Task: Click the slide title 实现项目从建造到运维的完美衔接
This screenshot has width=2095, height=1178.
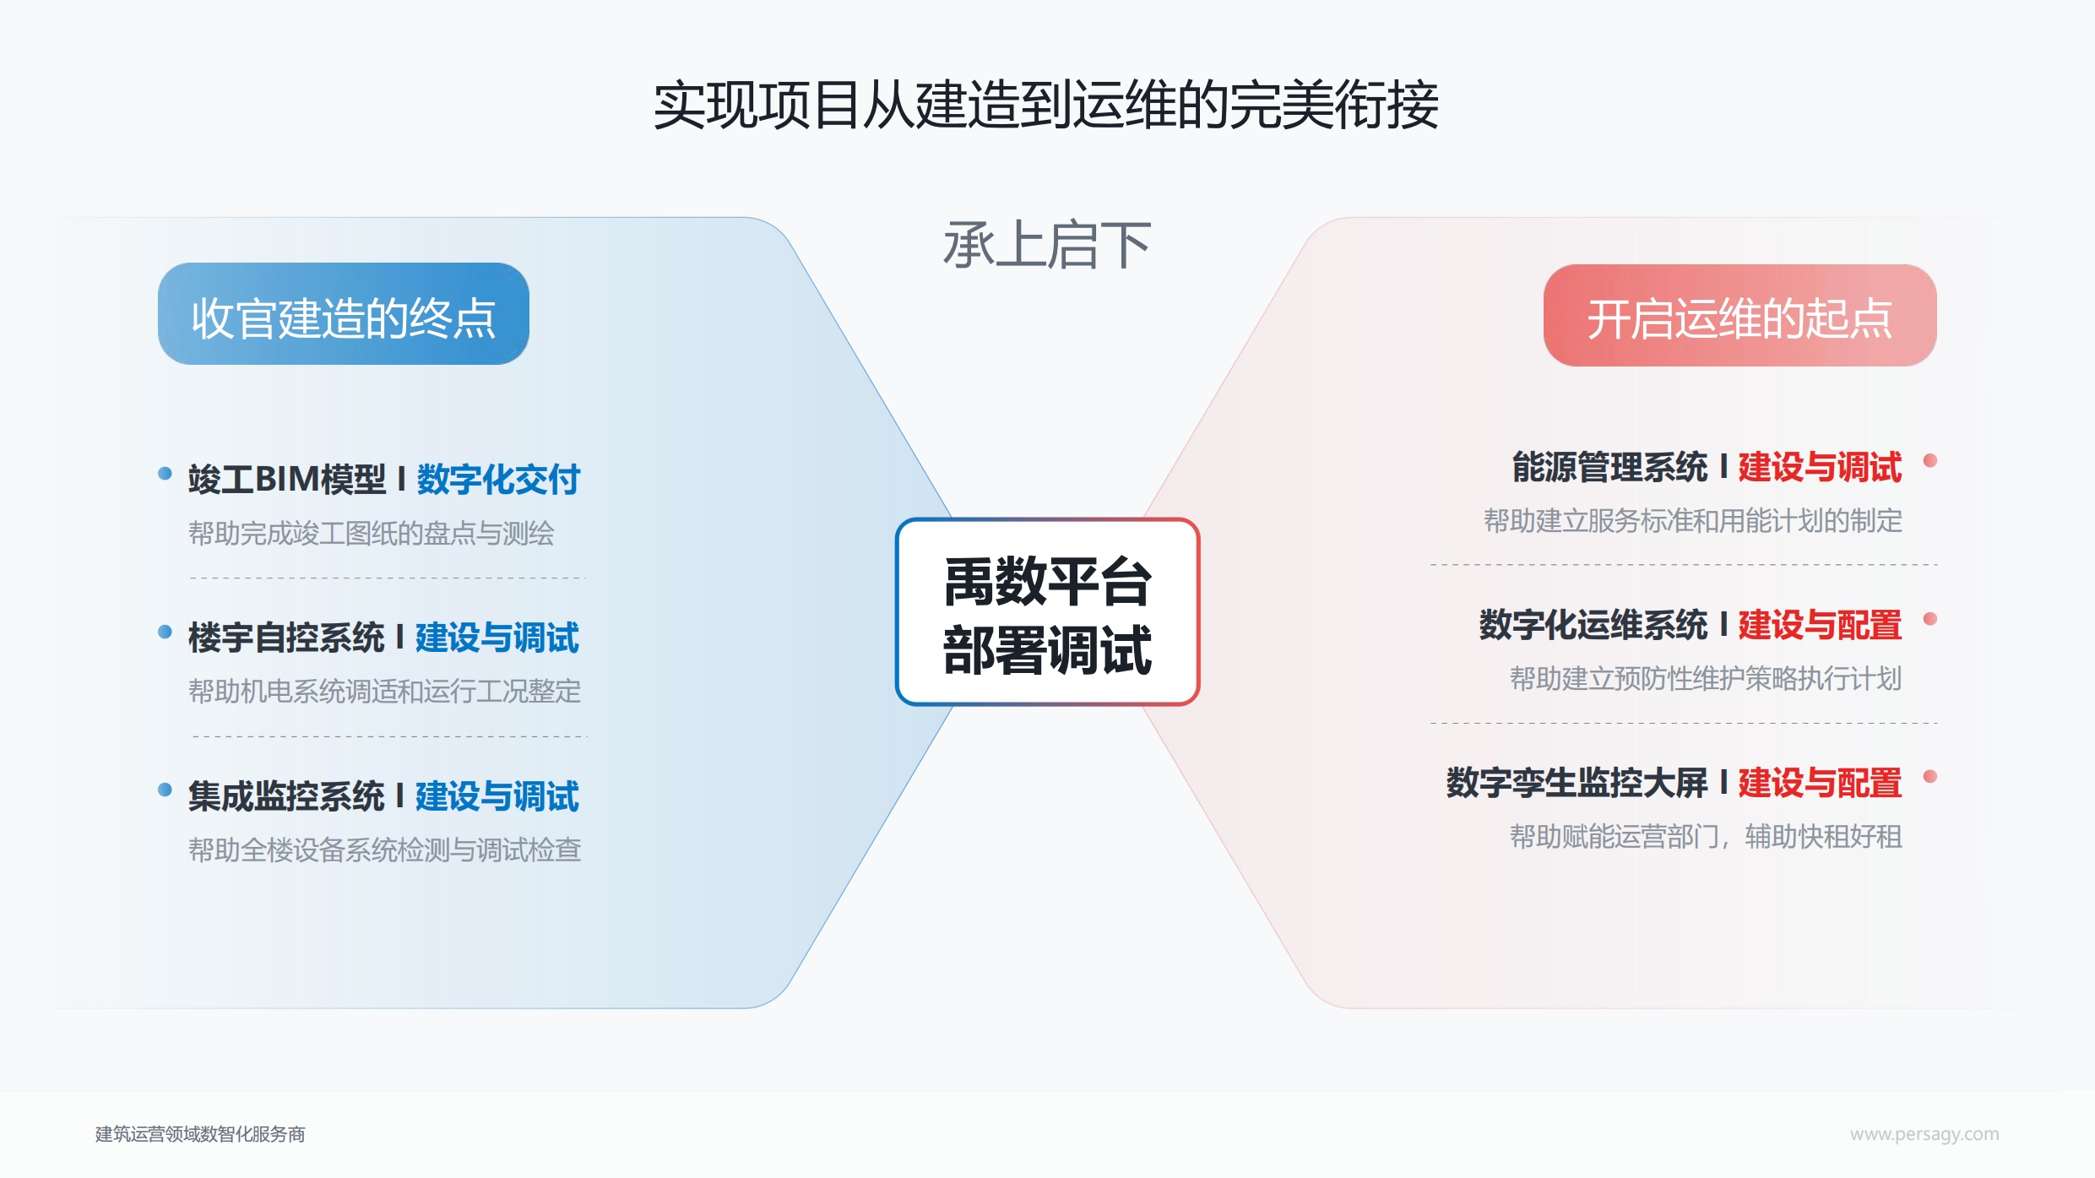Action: (1046, 106)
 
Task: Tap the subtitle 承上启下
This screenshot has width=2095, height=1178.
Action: (1047, 245)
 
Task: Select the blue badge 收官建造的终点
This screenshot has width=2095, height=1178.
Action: (344, 313)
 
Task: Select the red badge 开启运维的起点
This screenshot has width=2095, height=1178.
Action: (1740, 315)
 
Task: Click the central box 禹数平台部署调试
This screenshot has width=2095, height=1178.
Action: (1047, 611)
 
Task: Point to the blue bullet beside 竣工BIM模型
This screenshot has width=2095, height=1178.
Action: (166, 473)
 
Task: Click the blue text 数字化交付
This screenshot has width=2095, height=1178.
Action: (498, 479)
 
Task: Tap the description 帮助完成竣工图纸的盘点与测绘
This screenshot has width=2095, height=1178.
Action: (372, 534)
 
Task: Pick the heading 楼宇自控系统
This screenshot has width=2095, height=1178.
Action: (286, 638)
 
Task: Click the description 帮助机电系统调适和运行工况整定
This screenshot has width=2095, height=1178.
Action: (385, 692)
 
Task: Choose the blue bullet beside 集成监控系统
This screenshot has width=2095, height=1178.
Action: (166, 790)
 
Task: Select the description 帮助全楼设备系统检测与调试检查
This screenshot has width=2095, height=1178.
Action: (385, 850)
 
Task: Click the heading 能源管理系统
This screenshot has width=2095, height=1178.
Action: (1610, 467)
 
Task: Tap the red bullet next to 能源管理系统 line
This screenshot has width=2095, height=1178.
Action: (1929, 460)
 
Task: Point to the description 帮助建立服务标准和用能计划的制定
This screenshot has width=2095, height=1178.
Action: (1693, 521)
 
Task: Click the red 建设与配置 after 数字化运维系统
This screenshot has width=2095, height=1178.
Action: (1820, 625)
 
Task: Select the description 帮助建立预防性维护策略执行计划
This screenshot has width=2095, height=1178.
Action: (1706, 679)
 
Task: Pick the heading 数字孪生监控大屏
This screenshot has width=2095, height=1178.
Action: (1577, 783)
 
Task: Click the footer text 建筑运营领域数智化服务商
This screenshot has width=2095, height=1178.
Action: (200, 1134)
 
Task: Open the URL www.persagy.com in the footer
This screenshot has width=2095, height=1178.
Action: (1924, 1134)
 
